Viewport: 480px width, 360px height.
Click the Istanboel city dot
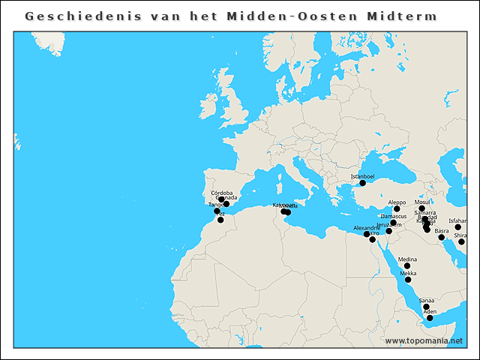(x=362, y=183)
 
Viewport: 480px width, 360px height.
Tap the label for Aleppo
(x=397, y=202)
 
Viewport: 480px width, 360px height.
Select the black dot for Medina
(x=407, y=266)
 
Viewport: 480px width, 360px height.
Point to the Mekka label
(x=408, y=273)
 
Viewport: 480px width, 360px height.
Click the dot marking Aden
(x=430, y=318)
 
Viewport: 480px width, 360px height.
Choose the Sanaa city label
(x=426, y=300)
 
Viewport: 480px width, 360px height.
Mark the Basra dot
(x=442, y=238)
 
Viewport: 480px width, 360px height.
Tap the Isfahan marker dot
(x=457, y=227)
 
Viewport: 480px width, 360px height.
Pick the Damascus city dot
(x=394, y=223)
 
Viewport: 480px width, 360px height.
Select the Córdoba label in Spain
(x=222, y=193)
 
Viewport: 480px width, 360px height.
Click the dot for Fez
(x=220, y=220)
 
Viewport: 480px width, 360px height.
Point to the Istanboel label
(x=362, y=176)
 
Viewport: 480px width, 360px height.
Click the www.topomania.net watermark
(x=424, y=340)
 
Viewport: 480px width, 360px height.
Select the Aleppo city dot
(x=397, y=209)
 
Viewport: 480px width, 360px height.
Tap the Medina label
(x=407, y=259)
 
